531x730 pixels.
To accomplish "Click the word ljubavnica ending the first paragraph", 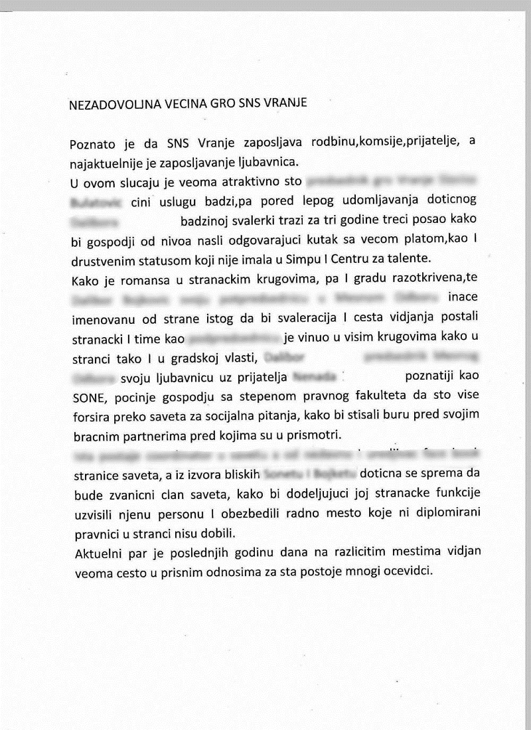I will [273, 161].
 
